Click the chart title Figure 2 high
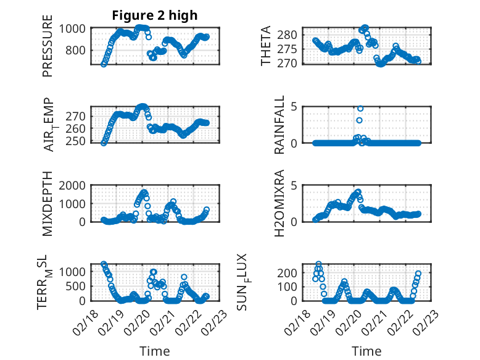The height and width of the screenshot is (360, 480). click(x=155, y=15)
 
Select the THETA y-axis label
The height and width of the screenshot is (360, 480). click(x=266, y=46)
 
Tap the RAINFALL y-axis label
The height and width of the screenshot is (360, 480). click(x=279, y=125)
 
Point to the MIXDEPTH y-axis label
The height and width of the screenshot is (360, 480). click(x=48, y=204)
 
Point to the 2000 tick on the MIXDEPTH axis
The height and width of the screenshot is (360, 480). click(x=74, y=185)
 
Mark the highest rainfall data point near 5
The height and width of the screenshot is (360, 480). click(x=360, y=109)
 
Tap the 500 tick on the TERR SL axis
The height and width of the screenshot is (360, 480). click(x=77, y=286)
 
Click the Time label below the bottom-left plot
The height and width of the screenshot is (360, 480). click(x=155, y=351)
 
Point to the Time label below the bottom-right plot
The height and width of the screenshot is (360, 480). click(x=367, y=351)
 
